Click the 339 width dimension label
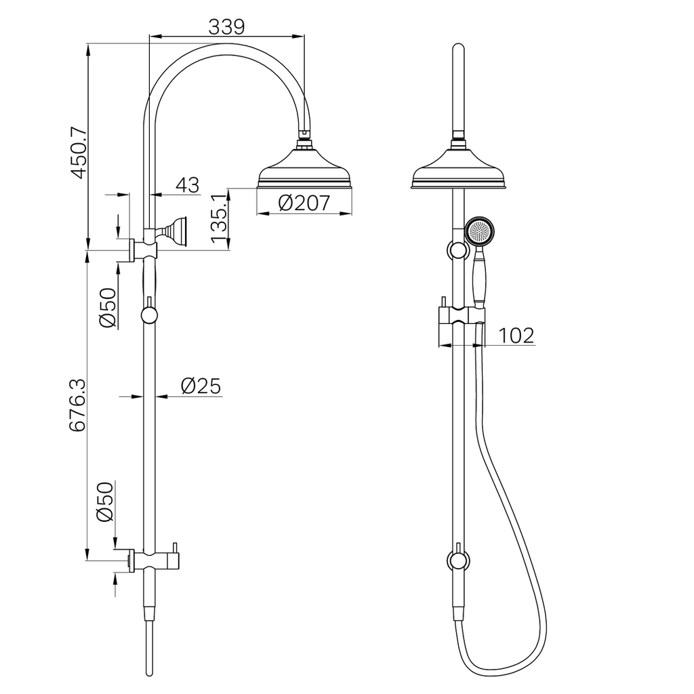pos(226,27)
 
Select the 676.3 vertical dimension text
pos(78,405)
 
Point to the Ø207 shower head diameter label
pos(304,203)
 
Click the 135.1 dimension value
pos(220,218)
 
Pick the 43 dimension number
pos(188,185)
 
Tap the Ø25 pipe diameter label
pos(201,386)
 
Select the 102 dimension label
pos(516,335)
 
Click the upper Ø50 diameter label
pos(108,308)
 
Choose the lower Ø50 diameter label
pos(105,502)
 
